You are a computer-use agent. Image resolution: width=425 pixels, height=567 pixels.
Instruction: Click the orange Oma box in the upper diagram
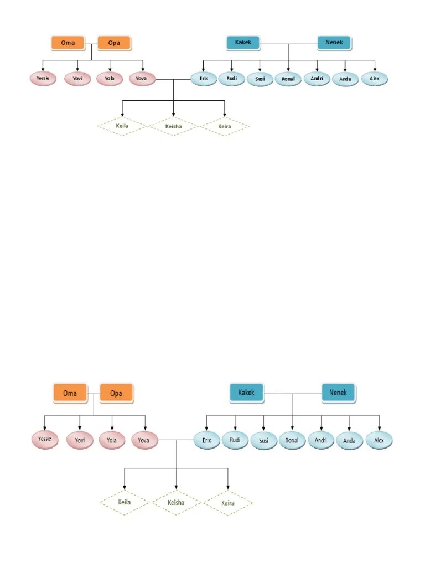click(x=67, y=43)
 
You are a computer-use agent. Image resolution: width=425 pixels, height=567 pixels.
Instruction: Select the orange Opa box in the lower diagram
click(x=116, y=393)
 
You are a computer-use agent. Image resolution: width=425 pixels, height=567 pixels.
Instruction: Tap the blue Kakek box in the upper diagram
click(x=243, y=43)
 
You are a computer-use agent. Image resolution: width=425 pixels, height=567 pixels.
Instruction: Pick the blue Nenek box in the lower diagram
click(x=339, y=393)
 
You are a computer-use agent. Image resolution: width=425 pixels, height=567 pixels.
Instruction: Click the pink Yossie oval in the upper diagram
click(x=43, y=79)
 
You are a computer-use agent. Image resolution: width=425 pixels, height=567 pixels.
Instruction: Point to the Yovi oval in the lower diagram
click(x=80, y=441)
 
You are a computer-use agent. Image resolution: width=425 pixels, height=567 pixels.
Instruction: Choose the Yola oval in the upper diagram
click(x=110, y=79)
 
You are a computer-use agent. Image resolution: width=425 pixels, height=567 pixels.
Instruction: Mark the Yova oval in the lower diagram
click(x=144, y=441)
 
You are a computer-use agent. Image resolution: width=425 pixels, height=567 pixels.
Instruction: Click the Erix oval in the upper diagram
click(x=204, y=79)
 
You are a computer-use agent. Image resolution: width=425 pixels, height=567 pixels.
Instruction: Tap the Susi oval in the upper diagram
click(x=260, y=79)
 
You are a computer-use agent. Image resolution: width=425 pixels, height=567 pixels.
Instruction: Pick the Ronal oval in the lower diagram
click(x=292, y=441)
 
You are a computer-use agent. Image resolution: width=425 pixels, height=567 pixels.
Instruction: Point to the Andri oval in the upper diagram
click(x=317, y=79)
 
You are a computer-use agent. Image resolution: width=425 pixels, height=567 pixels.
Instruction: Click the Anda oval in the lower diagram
click(x=349, y=441)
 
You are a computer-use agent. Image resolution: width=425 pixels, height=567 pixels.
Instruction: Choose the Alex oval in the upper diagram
click(x=375, y=79)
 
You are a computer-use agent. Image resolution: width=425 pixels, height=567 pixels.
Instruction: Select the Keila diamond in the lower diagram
click(x=125, y=503)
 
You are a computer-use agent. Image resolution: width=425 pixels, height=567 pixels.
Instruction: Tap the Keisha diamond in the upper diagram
click(x=173, y=127)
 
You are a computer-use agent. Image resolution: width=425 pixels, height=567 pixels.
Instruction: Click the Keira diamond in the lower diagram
click(x=227, y=503)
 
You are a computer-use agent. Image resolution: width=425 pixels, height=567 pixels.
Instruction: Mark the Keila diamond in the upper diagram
click(x=122, y=127)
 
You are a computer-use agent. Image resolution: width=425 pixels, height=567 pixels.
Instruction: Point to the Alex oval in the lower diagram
click(x=379, y=441)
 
